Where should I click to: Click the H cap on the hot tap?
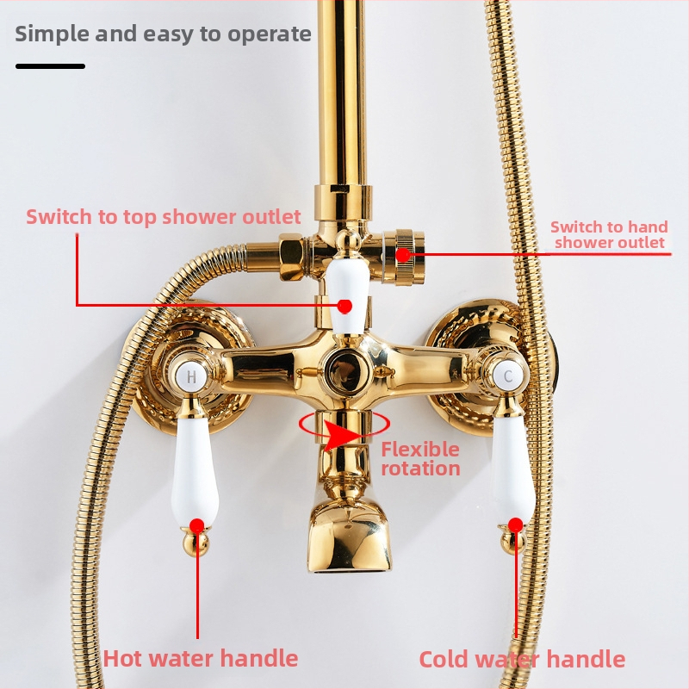(191, 376)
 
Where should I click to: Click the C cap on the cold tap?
(507, 376)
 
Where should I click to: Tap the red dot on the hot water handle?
(197, 525)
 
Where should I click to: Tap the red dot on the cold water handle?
(516, 525)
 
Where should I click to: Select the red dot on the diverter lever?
(345, 306)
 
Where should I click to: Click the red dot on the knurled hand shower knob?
(403, 254)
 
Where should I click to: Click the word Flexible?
(420, 450)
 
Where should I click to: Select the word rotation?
(420, 469)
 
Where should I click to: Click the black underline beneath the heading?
(50, 66)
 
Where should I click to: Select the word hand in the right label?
(649, 227)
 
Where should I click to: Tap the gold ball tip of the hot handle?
(196, 543)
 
